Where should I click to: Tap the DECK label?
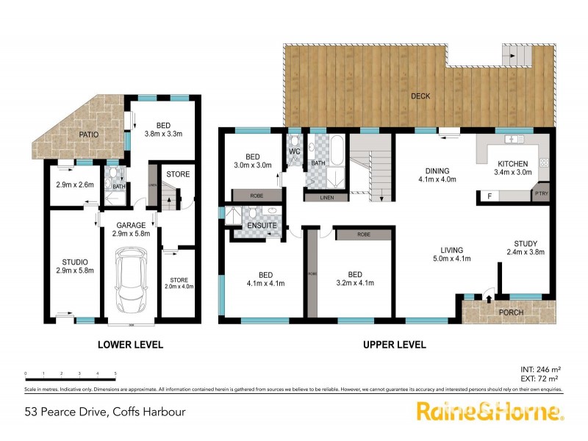tap(420, 96)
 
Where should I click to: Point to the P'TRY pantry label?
tap(542, 193)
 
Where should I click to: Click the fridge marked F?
tap(487, 196)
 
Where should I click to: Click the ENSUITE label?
tap(262, 226)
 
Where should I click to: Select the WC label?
tap(295, 152)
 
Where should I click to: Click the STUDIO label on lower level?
tap(75, 262)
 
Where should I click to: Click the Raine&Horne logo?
tap(490, 412)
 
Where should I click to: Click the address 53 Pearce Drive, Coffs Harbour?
tap(105, 412)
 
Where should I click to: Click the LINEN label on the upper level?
tap(320, 197)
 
